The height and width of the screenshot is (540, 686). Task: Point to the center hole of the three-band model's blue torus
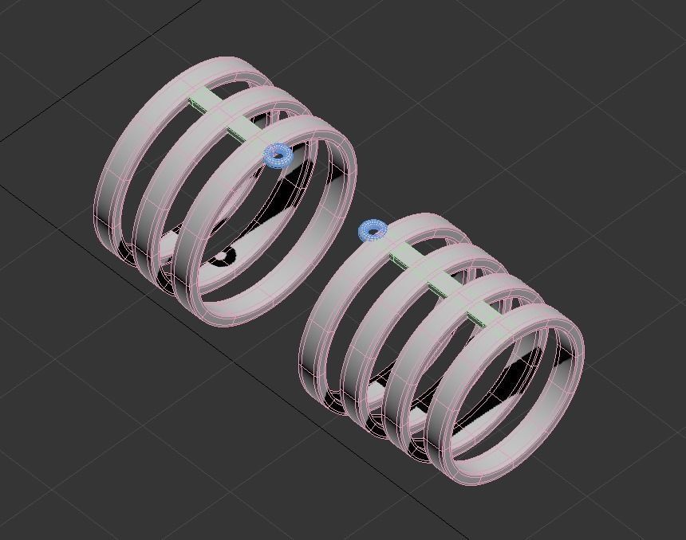pyautogui.click(x=278, y=155)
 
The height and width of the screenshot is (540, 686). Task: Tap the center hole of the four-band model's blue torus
pyautogui.click(x=373, y=231)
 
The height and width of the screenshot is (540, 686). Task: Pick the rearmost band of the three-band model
pyautogui.click(x=112, y=183)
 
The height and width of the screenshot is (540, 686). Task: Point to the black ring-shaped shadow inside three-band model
pyautogui.click(x=223, y=256)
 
